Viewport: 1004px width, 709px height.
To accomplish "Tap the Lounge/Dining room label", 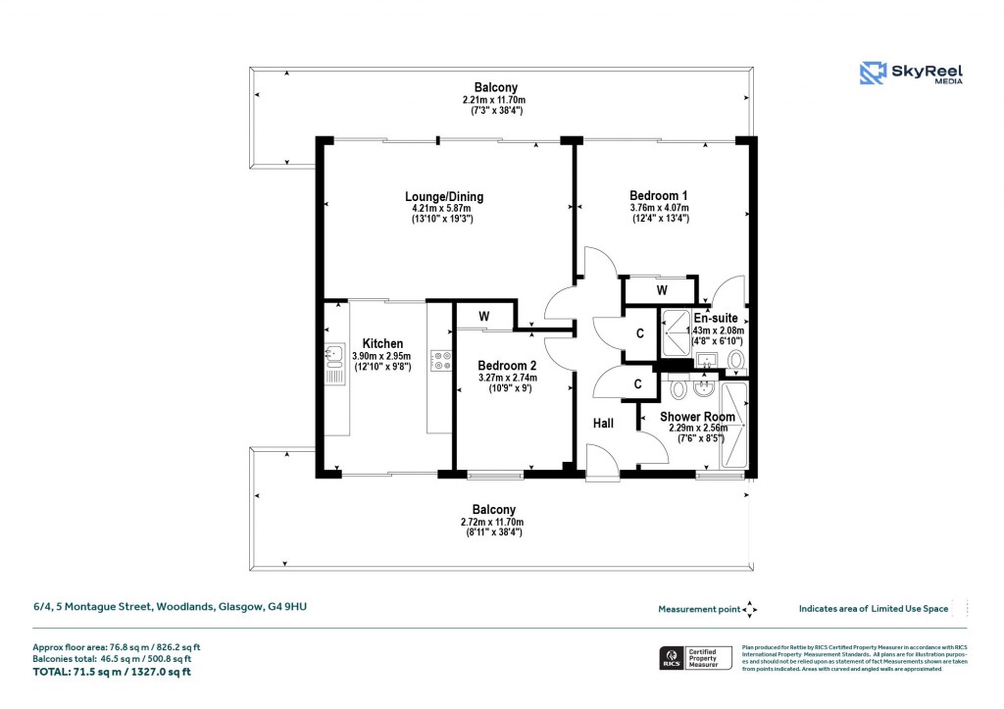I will pyautogui.click(x=447, y=197).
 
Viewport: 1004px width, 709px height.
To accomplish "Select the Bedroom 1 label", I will pyautogui.click(x=659, y=196).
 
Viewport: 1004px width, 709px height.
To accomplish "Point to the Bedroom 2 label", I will pyautogui.click(x=507, y=366).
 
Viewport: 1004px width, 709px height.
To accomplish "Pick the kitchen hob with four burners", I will pyautogui.click(x=440, y=361).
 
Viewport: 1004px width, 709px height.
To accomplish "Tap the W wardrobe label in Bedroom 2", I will pyautogui.click(x=484, y=317).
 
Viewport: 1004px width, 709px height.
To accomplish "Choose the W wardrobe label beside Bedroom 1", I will pyautogui.click(x=662, y=290).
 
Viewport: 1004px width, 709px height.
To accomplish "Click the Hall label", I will pyautogui.click(x=603, y=423).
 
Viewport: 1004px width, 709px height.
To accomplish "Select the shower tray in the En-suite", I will pyautogui.click(x=676, y=332).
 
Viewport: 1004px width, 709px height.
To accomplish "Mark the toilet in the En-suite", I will pyautogui.click(x=736, y=361).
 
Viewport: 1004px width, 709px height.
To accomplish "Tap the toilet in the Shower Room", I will pyautogui.click(x=677, y=389).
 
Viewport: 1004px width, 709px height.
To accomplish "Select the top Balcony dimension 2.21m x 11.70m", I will pyautogui.click(x=495, y=100).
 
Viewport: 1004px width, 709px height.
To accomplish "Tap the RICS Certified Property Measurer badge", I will pyautogui.click(x=694, y=658).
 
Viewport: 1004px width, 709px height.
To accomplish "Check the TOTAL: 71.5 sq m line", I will pyautogui.click(x=113, y=672).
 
